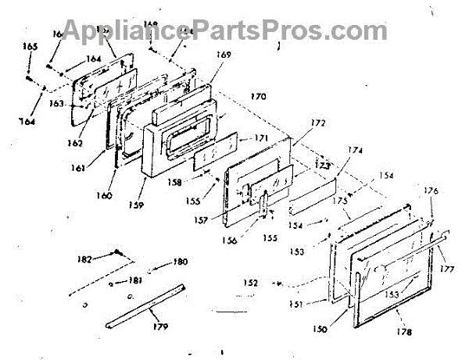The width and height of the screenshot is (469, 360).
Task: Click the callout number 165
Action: coord(30,48)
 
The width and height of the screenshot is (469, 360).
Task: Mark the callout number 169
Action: coord(224,55)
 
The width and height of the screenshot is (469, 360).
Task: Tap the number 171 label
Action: coord(260,137)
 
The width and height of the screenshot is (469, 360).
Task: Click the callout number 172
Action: coord(317,123)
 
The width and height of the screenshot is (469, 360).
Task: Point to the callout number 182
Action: coord(84,258)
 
